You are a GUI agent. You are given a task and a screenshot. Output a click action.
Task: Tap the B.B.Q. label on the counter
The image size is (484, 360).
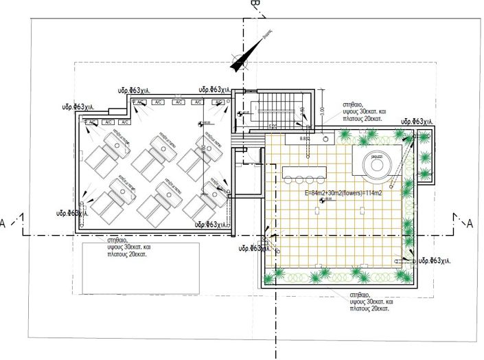coord(306,139)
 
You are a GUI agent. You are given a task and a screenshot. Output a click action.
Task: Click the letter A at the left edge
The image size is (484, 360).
coord(4,224)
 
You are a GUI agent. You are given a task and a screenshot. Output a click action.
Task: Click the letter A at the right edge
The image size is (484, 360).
coord(470,224)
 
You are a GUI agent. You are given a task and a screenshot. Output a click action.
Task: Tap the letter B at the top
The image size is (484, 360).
coord(254,5)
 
